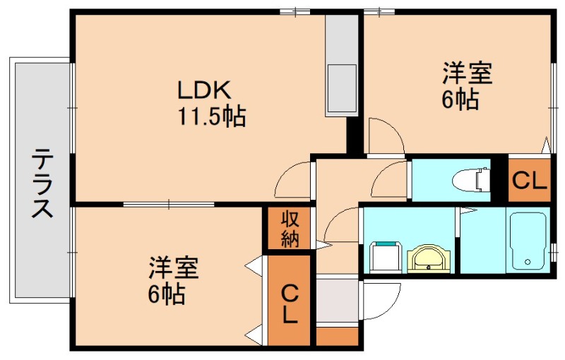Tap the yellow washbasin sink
click(x=428, y=259)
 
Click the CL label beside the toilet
click(x=529, y=181)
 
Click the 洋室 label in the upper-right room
click(x=467, y=73)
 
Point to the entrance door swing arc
click(x=382, y=300)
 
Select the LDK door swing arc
click(x=293, y=180)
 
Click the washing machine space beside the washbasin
click(x=386, y=257)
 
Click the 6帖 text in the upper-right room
click(x=460, y=100)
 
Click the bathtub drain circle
click(x=526, y=263)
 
